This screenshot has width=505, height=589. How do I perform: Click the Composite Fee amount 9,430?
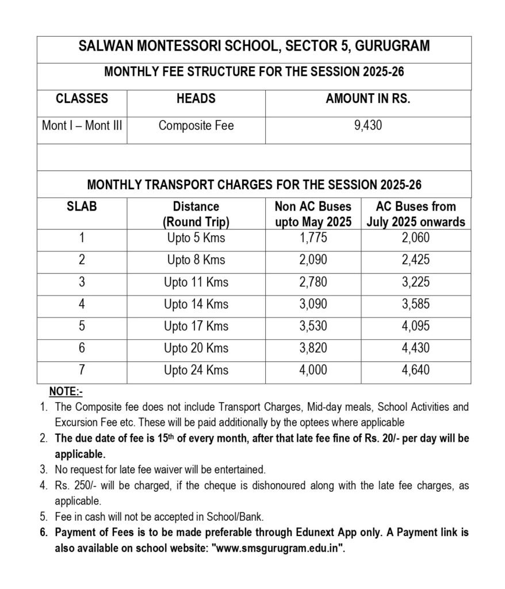[368, 125]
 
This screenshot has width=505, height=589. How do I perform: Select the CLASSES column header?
[82, 98]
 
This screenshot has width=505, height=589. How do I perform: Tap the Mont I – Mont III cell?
[82, 125]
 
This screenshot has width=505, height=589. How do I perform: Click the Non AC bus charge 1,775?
[313, 238]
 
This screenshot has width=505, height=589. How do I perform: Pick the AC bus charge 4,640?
[415, 370]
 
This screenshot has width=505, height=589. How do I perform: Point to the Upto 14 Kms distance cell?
[196, 304]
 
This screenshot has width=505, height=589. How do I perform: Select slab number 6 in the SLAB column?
[82, 348]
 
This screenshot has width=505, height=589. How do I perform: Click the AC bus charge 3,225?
[415, 282]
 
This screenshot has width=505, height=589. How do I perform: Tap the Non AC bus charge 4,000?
[313, 370]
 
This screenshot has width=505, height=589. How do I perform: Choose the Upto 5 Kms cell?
[196, 238]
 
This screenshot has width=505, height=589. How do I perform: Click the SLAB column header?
[82, 206]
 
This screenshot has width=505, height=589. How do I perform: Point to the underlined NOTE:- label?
[66, 392]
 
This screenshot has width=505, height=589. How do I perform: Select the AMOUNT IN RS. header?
[368, 98]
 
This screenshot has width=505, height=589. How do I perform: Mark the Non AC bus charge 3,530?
[313, 326]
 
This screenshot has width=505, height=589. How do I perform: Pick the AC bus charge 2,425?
[415, 260]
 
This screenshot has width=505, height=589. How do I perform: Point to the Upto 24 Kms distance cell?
[196, 370]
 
